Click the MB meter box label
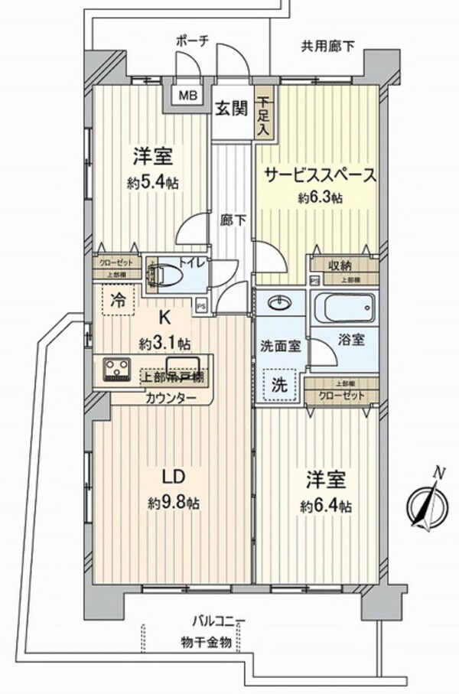pyautogui.click(x=187, y=96)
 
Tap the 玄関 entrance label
pyautogui.click(x=230, y=109)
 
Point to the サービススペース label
pyautogui.click(x=320, y=175)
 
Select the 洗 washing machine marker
pyautogui.click(x=280, y=384)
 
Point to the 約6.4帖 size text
pyautogui.click(x=327, y=506)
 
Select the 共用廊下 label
pyautogui.click(x=327, y=46)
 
